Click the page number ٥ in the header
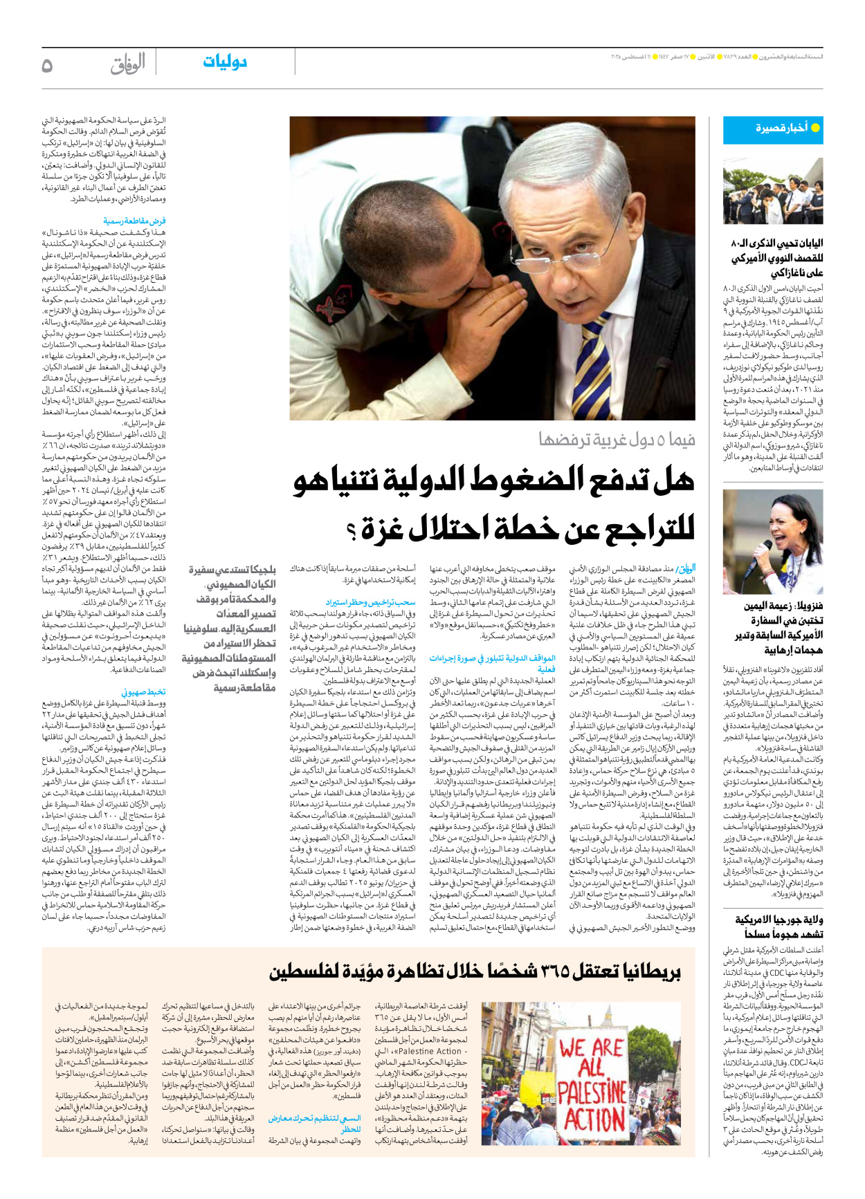[47, 65]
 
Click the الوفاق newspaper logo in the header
[128, 64]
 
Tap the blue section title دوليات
[224, 62]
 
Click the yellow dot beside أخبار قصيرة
[815, 128]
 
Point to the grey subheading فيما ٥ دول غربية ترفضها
[617, 439]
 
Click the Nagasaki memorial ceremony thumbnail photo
[773, 192]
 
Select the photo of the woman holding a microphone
[773, 541]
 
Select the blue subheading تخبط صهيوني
[144, 691]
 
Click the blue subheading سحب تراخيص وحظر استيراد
[371, 602]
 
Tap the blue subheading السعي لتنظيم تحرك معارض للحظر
[315, 1124]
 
